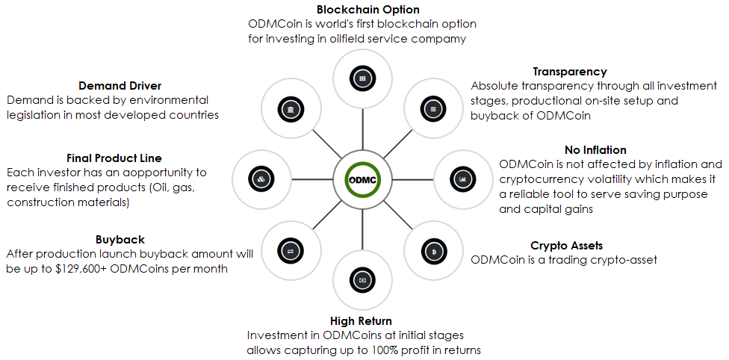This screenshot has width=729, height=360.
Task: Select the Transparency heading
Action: point(569,72)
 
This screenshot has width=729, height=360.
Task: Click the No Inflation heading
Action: point(595,150)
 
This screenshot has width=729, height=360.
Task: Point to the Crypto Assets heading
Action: point(566,245)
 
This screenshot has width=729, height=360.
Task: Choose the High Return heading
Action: point(362,321)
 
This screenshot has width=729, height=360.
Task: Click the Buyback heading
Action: point(120,240)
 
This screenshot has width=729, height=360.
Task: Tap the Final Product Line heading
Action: point(114,158)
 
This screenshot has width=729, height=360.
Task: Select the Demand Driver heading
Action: point(120,86)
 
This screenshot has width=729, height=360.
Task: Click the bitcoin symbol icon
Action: point(434,251)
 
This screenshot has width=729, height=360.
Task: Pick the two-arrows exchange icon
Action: point(290,251)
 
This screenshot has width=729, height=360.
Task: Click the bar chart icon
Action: point(462,179)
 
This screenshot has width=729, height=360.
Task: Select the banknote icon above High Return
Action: point(362,280)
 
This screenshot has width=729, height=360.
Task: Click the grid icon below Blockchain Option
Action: point(362,78)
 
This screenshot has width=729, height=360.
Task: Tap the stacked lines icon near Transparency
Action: point(433,110)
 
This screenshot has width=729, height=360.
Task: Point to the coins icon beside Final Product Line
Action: point(261,179)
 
